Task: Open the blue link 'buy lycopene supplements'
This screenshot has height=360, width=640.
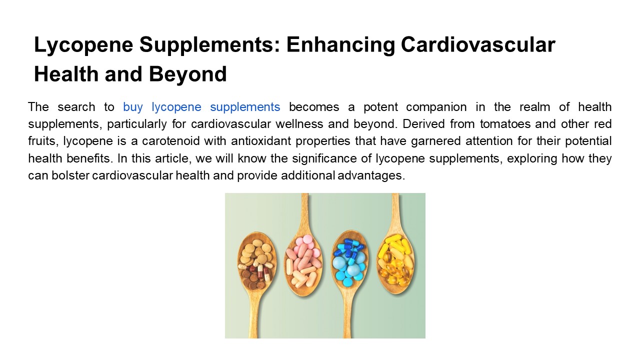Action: (201, 106)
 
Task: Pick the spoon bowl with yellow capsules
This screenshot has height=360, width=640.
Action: (395, 260)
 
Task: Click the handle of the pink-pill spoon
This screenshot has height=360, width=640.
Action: (304, 210)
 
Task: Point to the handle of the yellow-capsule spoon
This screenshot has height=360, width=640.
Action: (395, 210)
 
